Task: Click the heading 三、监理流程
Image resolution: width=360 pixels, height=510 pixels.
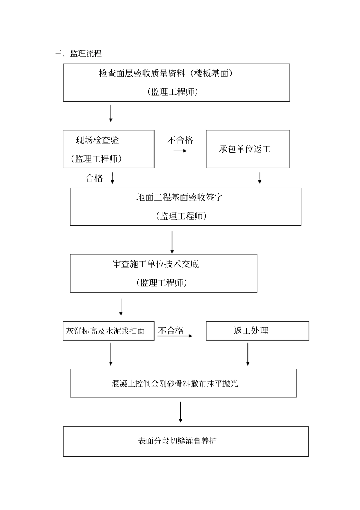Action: (x=78, y=54)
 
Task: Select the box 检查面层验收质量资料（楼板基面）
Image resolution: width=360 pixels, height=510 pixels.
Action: (x=176, y=82)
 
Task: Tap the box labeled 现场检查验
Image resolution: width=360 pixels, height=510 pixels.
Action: (x=108, y=149)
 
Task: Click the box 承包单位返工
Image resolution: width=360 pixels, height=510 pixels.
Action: (x=247, y=149)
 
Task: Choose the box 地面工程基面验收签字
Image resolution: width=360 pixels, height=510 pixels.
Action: (x=185, y=207)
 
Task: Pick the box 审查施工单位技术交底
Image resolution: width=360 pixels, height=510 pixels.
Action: (x=163, y=273)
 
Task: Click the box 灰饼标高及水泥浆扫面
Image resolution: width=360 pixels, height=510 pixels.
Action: (x=108, y=331)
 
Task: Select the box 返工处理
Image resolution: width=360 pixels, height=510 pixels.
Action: (x=257, y=331)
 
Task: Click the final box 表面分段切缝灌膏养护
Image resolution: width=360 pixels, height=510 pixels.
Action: (x=186, y=441)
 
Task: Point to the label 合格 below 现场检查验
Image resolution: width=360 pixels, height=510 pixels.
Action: (x=94, y=178)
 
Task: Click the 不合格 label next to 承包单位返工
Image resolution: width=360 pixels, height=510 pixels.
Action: (x=180, y=140)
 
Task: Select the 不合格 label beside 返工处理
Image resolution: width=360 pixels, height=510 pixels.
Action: (x=171, y=331)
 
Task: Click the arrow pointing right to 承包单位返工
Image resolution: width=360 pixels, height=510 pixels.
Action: (x=180, y=151)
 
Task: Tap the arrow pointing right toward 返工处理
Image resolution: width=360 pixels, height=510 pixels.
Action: (x=175, y=336)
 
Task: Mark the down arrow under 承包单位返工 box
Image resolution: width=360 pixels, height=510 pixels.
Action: (x=260, y=178)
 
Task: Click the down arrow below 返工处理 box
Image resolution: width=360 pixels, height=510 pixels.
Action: (x=248, y=354)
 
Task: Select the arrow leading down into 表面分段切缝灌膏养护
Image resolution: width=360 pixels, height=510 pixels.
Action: (x=180, y=412)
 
